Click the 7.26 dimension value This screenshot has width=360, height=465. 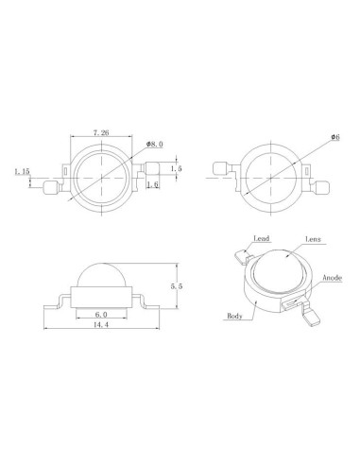point(101,132)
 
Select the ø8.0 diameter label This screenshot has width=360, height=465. point(154,145)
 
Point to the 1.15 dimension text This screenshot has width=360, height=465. point(22,171)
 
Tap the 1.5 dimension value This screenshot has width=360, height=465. point(177,168)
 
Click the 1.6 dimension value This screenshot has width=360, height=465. point(153,184)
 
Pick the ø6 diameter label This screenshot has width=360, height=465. point(335,137)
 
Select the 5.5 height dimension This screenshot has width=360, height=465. point(177,286)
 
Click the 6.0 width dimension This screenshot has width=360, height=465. point(101,314)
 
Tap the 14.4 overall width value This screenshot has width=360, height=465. point(101,324)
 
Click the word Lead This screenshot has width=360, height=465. point(262,238)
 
